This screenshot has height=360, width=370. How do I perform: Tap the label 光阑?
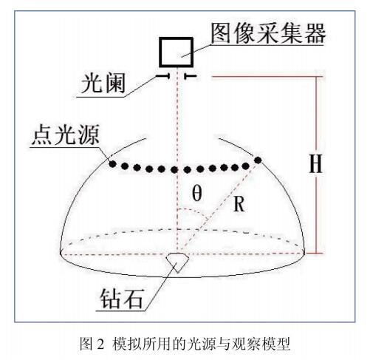tap(103, 83)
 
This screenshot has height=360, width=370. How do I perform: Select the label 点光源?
tap(66, 135)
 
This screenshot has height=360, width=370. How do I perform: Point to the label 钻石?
tap(121, 298)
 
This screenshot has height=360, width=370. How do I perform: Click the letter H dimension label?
tap(315, 164)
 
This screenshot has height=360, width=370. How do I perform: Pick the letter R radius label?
tap(239, 204)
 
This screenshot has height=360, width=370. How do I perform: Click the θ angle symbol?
tap(197, 193)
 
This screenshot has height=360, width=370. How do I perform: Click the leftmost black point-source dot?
tap(112, 164)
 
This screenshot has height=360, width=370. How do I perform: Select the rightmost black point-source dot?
tap(258, 160)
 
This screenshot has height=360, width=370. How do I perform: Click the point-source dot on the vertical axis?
tap(174, 169)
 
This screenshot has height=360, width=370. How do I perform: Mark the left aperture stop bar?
tap(162, 76)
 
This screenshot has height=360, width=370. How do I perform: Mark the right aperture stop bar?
tap(190, 76)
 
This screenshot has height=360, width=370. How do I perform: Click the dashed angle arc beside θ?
tap(193, 211)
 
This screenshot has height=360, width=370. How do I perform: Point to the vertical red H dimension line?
tap(316, 165)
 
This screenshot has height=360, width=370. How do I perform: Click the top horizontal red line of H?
tap(267, 77)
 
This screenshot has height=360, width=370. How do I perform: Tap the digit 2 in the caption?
tap(101, 344)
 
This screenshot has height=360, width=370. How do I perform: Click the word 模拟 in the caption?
tap(127, 344)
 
